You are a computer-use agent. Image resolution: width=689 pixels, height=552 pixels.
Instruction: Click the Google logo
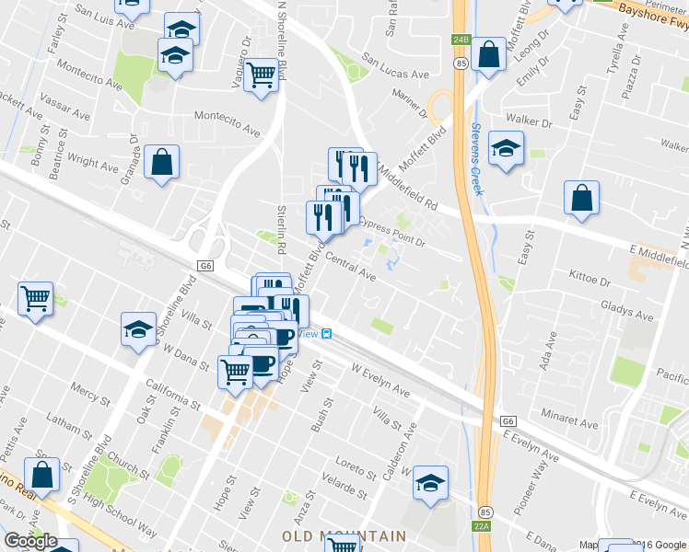tap(30, 541)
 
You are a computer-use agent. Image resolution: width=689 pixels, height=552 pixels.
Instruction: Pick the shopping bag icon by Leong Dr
tap(489, 54)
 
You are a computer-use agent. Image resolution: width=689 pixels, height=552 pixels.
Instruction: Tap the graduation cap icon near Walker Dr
tap(506, 149)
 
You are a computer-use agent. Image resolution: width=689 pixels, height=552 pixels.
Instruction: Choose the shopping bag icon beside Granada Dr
tap(161, 163)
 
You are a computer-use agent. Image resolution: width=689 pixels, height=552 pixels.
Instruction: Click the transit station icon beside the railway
tap(327, 334)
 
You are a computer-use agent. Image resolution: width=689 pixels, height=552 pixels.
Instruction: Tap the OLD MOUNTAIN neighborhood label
tap(344, 535)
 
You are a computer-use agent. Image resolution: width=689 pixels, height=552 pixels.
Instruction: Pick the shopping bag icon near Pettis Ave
tap(41, 475)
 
